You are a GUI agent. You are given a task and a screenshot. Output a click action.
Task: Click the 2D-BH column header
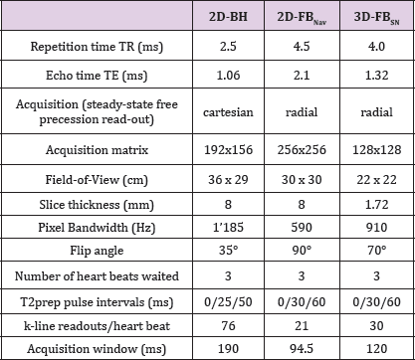coord(228,17)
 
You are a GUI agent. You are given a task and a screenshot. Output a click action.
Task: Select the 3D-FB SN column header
coord(376,18)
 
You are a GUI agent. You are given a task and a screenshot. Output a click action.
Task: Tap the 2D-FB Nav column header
coord(302,18)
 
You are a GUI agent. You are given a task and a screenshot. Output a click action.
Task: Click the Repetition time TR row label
coord(97,47)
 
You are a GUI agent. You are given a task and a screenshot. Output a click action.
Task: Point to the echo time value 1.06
coord(228,76)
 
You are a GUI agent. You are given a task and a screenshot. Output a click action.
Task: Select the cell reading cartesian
coord(228,112)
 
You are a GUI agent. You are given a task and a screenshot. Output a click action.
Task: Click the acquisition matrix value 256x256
coord(302,150)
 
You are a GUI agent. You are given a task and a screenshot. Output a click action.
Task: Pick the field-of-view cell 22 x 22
coord(376,180)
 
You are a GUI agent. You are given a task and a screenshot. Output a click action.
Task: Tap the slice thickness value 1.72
coord(376,204)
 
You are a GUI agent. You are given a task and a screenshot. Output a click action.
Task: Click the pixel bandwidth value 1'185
coord(228,228)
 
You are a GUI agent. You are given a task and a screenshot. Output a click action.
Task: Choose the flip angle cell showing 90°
coord(302,250)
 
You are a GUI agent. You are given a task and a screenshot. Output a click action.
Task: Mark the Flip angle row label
coord(97,251)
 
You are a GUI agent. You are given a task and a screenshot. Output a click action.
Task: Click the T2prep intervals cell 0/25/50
coord(228,302)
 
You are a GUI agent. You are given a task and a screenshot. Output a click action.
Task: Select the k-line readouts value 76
coord(228,325)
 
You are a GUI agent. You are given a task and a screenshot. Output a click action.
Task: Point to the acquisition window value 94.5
coord(302,349)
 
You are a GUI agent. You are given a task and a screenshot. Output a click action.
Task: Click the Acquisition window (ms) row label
coord(97,349)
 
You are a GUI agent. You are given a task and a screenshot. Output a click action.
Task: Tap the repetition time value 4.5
coord(302,46)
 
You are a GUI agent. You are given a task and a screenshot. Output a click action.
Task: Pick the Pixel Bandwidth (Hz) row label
coord(97,228)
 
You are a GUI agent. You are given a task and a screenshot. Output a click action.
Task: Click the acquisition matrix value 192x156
coord(228,150)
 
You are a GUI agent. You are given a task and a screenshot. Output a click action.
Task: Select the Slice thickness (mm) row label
coord(97,205)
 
